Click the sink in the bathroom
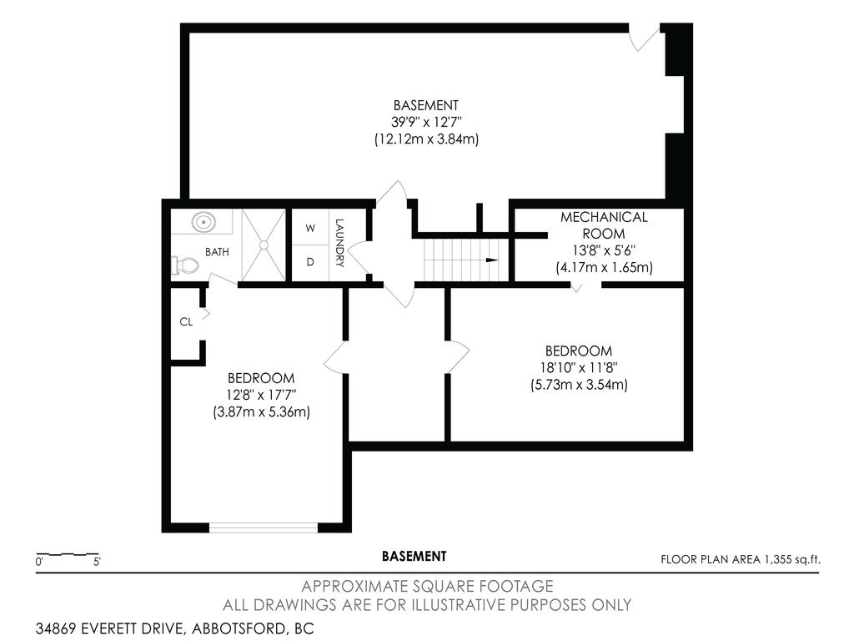click(203, 223)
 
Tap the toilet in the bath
click(185, 265)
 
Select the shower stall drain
click(263, 245)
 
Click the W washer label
click(309, 228)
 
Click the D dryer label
click(309, 262)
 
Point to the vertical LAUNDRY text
click(339, 243)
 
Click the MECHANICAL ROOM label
click(603, 225)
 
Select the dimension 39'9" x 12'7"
click(425, 123)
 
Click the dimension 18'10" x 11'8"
click(578, 367)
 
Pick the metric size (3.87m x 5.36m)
click(261, 411)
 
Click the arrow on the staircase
click(491, 260)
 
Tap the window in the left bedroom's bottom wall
click(263, 527)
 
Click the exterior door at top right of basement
click(645, 37)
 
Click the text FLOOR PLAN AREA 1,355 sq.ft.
click(740, 560)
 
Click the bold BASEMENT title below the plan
click(414, 556)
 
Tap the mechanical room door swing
click(586, 286)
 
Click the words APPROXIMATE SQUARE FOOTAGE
click(426, 586)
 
